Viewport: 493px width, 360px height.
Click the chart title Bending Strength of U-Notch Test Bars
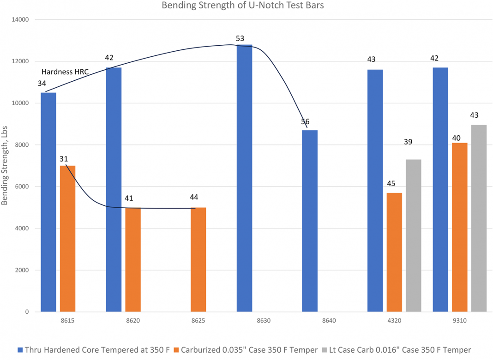click(x=243, y=6)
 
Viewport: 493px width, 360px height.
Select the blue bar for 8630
click(x=244, y=178)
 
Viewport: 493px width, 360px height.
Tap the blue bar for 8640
click(x=310, y=221)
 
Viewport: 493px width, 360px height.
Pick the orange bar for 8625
click(x=198, y=260)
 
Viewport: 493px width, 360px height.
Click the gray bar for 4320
click(x=414, y=236)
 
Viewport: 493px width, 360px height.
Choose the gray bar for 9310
click(x=479, y=218)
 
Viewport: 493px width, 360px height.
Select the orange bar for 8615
click(x=67, y=239)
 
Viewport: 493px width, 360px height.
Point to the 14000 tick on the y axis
click(x=20, y=19)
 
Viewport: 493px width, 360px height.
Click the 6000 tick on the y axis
click(x=22, y=187)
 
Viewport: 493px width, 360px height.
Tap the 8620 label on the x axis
click(x=133, y=321)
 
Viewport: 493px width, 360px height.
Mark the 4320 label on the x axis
click(x=394, y=321)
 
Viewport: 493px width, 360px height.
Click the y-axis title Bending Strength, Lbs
click(x=5, y=166)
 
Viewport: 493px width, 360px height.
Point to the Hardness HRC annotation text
click(x=65, y=72)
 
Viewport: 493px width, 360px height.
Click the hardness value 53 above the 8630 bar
click(x=240, y=39)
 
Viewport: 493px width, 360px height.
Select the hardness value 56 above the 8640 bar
click(x=305, y=122)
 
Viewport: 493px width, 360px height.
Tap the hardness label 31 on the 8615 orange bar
click(x=64, y=159)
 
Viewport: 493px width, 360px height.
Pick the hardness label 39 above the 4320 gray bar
click(x=408, y=142)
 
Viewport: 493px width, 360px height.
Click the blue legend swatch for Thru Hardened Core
click(x=20, y=350)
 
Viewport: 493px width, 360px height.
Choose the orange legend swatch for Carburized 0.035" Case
click(x=176, y=350)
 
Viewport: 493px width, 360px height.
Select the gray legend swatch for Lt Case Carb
click(x=325, y=350)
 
